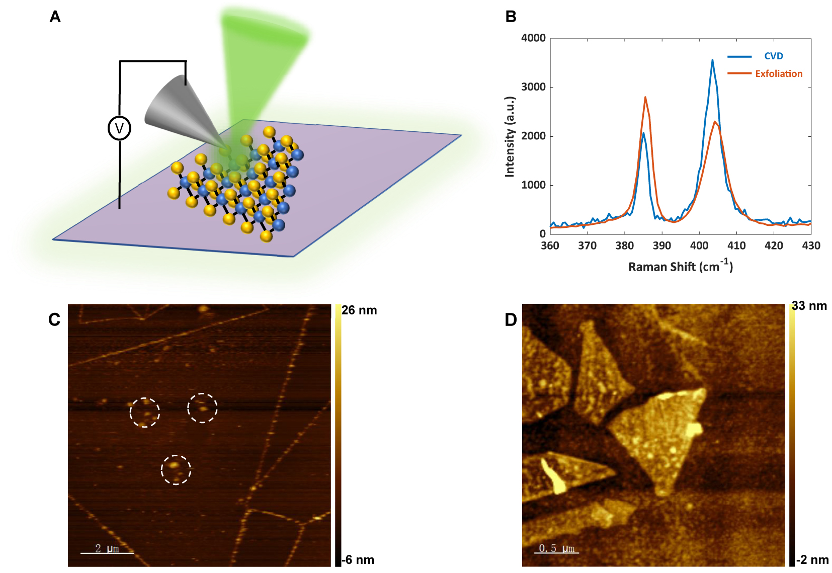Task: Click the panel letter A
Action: [x=55, y=17]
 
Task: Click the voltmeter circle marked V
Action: [x=119, y=128]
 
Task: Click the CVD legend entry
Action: [x=773, y=56]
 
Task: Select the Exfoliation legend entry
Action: [x=778, y=74]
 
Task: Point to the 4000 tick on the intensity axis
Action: [x=533, y=38]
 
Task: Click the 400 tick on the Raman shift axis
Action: [x=699, y=245]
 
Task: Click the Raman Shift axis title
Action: [x=680, y=266]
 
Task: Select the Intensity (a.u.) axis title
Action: [x=510, y=136]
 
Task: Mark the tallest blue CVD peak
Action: [x=712, y=60]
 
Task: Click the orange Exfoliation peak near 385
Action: [x=645, y=98]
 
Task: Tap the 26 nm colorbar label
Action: [x=359, y=310]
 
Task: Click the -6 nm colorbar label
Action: [x=358, y=560]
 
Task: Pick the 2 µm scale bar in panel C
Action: [x=107, y=552]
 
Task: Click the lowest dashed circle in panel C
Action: [x=176, y=469]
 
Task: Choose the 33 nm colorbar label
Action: [x=809, y=306]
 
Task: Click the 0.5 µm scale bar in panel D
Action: [x=556, y=552]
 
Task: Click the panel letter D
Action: [x=511, y=320]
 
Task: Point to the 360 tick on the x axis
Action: [x=550, y=245]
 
